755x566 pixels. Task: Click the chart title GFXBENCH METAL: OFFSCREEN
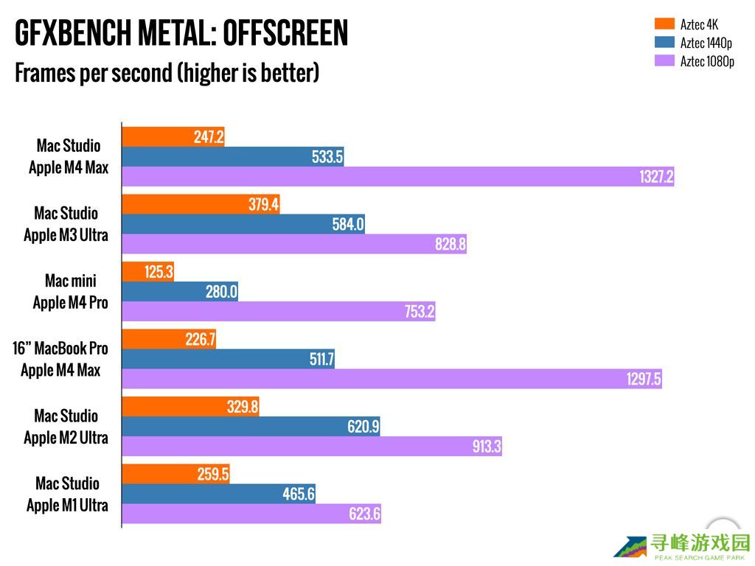(x=181, y=33)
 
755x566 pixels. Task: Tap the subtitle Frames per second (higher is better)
(x=167, y=73)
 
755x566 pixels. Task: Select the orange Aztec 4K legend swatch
(x=664, y=24)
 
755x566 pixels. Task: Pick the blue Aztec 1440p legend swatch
(x=664, y=43)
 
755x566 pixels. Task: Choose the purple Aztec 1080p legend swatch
(x=664, y=61)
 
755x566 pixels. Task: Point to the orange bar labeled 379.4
(x=201, y=204)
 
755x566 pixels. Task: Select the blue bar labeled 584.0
(x=243, y=224)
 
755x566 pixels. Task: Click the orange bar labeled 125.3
(x=147, y=272)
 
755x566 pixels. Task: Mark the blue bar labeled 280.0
(x=180, y=292)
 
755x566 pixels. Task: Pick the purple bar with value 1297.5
(x=392, y=379)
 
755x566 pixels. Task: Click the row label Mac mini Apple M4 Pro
(x=70, y=292)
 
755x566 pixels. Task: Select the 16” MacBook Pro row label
(x=60, y=359)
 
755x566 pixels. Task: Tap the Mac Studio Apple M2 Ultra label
(x=66, y=427)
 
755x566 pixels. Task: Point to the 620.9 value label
(x=363, y=427)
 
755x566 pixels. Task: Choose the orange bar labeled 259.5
(x=175, y=475)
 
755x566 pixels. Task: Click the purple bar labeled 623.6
(x=251, y=514)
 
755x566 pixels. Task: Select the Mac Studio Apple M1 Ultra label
(x=67, y=495)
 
